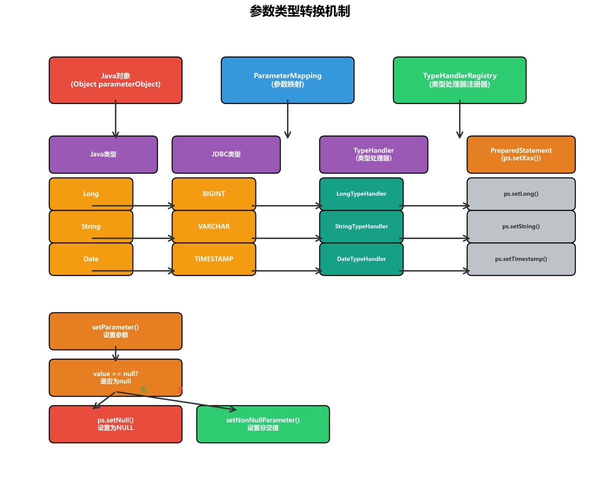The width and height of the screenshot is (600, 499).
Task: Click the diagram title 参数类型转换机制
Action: click(299, 11)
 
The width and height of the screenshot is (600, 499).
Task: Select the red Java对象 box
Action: click(115, 80)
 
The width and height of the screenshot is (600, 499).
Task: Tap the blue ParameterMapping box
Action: click(287, 80)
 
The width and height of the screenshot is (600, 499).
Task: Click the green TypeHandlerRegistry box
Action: click(459, 80)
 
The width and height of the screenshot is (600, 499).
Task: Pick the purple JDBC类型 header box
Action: click(226, 154)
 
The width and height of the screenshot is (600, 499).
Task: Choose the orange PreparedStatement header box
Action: click(521, 154)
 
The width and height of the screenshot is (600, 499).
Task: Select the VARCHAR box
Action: click(214, 225)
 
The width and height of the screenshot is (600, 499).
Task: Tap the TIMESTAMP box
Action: click(214, 258)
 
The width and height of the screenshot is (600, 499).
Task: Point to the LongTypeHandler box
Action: click(361, 193)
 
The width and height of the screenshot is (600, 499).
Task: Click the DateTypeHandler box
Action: click(361, 258)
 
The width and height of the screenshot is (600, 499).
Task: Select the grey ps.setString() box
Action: click(521, 226)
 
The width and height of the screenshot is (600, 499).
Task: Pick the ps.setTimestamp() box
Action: click(521, 258)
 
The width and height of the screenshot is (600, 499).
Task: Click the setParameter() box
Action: click(115, 331)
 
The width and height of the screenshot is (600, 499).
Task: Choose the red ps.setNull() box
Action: click(115, 424)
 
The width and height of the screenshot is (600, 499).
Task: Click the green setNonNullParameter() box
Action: click(263, 424)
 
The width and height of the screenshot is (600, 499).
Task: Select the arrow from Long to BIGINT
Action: click(152, 205)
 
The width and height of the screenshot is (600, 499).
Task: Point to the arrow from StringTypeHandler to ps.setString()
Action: click(435, 238)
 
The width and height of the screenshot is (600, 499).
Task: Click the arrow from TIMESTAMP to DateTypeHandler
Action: click(287, 271)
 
